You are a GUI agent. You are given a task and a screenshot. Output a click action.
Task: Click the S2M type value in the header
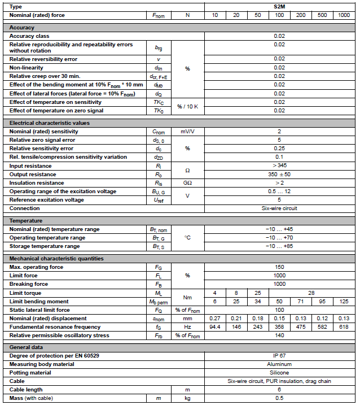click(x=279, y=6)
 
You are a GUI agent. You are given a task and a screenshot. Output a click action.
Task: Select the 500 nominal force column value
click(x=322, y=15)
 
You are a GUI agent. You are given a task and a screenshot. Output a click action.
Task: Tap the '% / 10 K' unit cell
click(x=187, y=106)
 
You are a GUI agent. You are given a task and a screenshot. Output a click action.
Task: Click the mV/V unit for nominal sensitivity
click(x=187, y=132)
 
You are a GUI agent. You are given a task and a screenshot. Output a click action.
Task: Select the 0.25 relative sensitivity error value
click(x=279, y=149)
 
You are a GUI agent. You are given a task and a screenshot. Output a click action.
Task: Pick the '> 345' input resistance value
click(x=279, y=166)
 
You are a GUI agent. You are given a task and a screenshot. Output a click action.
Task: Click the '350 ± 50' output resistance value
click(x=279, y=175)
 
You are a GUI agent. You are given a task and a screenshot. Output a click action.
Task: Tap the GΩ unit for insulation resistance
click(x=187, y=183)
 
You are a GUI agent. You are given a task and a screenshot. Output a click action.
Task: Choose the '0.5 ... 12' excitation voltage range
click(x=279, y=191)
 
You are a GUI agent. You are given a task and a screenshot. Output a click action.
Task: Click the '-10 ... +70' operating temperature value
click(x=279, y=238)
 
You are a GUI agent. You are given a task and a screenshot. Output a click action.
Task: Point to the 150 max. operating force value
click(x=279, y=267)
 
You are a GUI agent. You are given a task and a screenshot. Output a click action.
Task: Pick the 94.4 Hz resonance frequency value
click(x=214, y=327)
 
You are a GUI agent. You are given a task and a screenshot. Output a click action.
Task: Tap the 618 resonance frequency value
click(x=344, y=327)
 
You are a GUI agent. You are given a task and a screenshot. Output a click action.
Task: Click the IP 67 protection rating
click(x=279, y=356)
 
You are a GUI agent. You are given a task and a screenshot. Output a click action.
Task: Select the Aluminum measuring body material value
click(x=279, y=364)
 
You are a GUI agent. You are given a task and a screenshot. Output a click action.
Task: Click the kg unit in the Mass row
click(x=187, y=399)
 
